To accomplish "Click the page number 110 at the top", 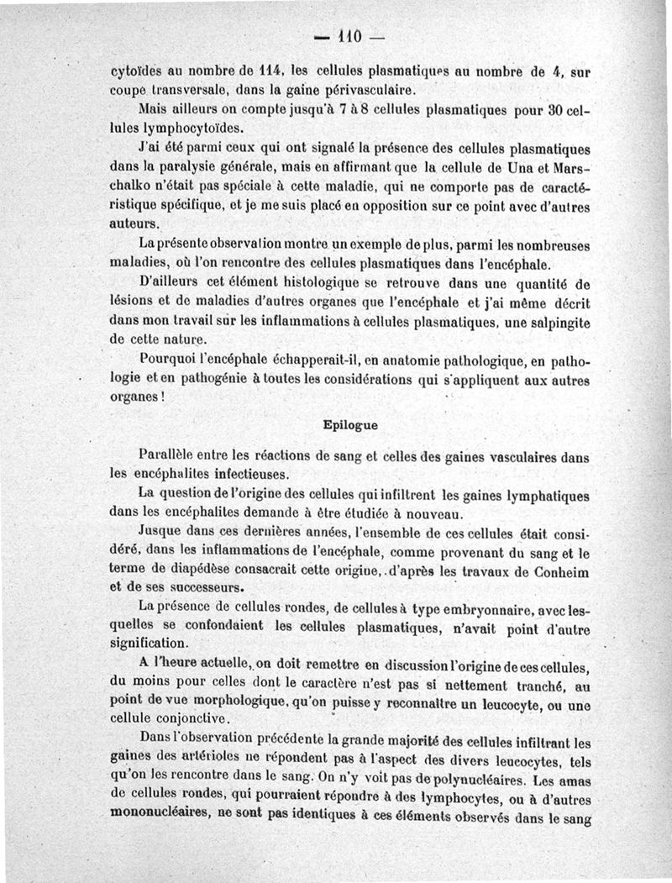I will tap(348, 36).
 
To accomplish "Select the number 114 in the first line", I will tap(272, 73).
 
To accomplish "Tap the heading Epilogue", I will tap(350, 425).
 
